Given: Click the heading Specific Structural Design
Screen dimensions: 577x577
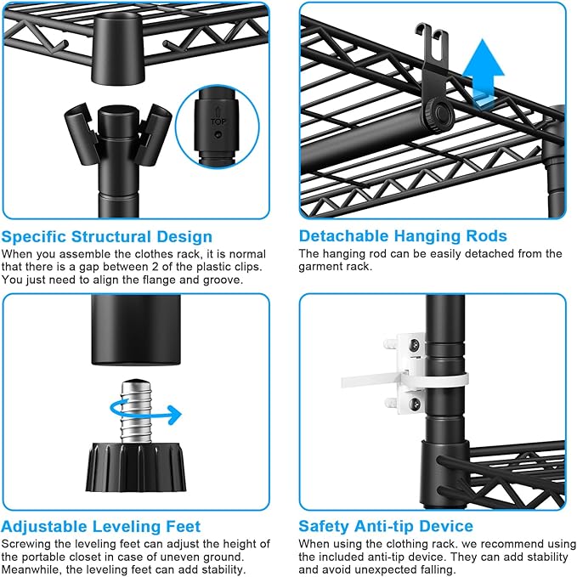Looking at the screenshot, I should (107, 236).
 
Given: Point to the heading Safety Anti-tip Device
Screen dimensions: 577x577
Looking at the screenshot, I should (386, 526).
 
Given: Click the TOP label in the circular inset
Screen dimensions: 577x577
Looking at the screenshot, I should (218, 122).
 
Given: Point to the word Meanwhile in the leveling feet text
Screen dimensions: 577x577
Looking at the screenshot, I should (35, 569).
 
